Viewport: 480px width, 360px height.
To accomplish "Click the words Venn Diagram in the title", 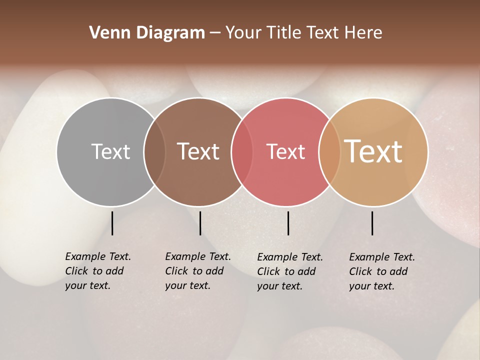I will tap(147, 33).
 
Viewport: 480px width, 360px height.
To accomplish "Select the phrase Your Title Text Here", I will tap(303, 33).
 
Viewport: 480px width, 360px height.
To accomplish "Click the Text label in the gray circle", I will tap(110, 151).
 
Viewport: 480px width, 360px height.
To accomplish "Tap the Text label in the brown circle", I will tap(198, 151).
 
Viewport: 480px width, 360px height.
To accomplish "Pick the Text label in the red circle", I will tap(285, 151).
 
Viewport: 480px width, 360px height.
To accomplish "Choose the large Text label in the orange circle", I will tap(373, 151).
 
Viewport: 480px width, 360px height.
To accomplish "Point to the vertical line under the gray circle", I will tap(112, 223).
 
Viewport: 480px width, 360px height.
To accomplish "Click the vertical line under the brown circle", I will tap(200, 223).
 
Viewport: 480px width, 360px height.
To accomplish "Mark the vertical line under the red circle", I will tap(288, 223).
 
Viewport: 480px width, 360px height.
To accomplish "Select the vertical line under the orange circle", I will tap(372, 223).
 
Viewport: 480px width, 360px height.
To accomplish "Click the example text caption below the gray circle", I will tap(97, 271).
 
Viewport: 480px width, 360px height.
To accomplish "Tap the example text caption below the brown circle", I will tap(197, 271).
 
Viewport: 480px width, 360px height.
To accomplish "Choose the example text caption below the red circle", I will tap(289, 271).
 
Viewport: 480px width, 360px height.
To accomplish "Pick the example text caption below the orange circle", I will tap(381, 271).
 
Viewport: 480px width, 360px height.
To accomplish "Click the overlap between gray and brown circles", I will tap(154, 152).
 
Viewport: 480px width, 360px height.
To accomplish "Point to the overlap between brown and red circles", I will tap(242, 152).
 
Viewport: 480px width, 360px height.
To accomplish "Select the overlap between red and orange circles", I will tap(329, 152).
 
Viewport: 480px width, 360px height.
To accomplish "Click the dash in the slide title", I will tap(215, 33).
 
